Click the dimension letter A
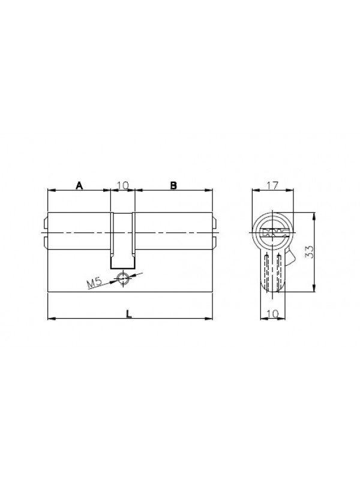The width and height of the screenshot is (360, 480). (x=80, y=185)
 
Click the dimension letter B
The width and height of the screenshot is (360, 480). (x=173, y=185)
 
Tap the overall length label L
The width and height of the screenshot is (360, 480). (x=129, y=314)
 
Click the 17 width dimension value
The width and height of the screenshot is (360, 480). (x=272, y=185)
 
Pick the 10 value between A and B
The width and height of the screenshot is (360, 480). (x=123, y=185)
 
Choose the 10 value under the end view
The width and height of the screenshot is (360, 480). (x=272, y=313)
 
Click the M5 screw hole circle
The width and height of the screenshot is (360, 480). (x=123, y=278)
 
